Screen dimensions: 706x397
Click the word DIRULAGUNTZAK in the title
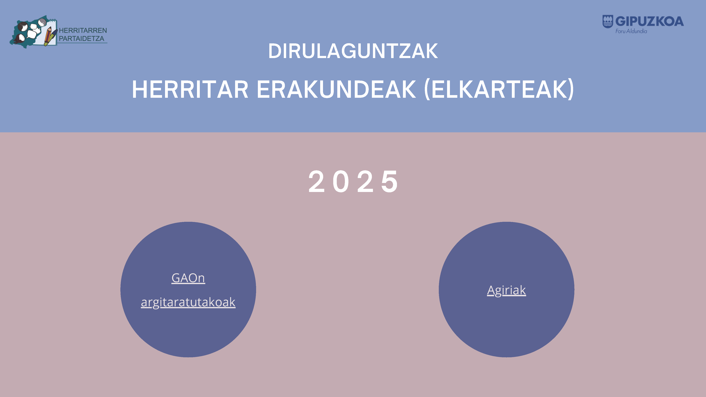tap(353, 51)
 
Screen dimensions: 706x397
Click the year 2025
tap(353, 181)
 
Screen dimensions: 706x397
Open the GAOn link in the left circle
tap(188, 278)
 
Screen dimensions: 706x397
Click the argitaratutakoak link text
tap(188, 302)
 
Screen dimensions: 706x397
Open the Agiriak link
tap(507, 290)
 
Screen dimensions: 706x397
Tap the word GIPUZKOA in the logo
tap(650, 21)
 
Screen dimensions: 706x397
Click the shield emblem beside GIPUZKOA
tap(608, 21)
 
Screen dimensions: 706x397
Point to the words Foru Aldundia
tap(631, 31)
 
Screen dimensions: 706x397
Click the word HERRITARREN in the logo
tap(83, 30)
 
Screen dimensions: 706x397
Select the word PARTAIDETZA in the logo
tap(81, 39)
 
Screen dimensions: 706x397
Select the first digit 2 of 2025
tap(316, 181)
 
